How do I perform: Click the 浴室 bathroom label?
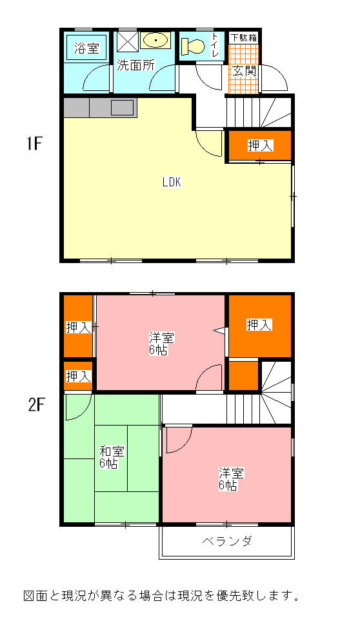(x=87, y=48)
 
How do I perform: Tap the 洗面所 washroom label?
(x=135, y=65)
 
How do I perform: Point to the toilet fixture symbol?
(x=193, y=46)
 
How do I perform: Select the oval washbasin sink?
(x=155, y=40)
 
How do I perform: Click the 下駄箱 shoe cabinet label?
(x=244, y=38)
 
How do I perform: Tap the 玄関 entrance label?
(x=245, y=71)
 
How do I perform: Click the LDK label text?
(x=172, y=182)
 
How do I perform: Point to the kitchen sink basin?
(x=122, y=108)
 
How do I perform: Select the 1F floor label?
(x=34, y=144)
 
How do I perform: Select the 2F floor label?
(x=35, y=405)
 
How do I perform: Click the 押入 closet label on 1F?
(x=261, y=146)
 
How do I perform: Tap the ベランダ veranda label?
(x=227, y=541)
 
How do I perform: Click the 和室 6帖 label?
(x=112, y=457)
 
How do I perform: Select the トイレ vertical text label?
(x=215, y=45)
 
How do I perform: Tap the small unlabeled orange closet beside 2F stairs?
(x=244, y=375)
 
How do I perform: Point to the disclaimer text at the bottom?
(x=161, y=595)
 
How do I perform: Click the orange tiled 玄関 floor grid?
(x=243, y=69)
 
